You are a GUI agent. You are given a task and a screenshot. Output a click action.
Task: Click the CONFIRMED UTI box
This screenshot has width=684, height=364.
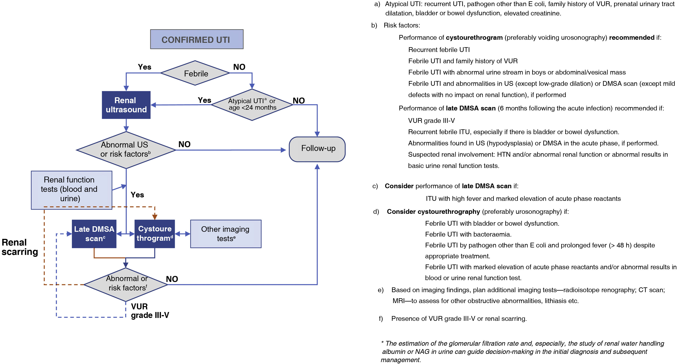(x=196, y=39)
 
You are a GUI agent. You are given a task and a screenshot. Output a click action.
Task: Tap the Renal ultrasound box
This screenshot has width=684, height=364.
(x=126, y=105)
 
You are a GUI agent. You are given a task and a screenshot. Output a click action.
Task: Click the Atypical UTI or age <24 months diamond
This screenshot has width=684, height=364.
(x=252, y=104)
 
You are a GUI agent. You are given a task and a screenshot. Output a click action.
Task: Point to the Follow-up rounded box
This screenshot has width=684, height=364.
(x=317, y=149)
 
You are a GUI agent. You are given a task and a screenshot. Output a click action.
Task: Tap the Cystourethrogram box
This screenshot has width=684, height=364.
(x=155, y=234)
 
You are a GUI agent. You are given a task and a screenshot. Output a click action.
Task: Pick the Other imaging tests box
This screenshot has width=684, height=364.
(x=226, y=234)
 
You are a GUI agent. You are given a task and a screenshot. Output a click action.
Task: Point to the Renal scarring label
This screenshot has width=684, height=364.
(x=19, y=247)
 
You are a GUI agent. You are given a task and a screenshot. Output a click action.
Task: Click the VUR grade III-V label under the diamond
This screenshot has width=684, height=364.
(x=149, y=311)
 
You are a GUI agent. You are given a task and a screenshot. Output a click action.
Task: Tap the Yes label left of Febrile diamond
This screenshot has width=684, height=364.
(x=145, y=67)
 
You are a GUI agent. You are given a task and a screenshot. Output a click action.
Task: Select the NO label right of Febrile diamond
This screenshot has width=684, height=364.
(x=239, y=67)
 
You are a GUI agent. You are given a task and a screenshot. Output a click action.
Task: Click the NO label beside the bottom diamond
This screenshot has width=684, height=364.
(x=172, y=279)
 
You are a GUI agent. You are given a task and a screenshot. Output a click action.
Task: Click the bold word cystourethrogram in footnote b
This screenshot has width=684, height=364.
(x=474, y=37)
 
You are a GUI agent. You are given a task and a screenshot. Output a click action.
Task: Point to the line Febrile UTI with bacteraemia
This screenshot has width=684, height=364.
(x=468, y=234)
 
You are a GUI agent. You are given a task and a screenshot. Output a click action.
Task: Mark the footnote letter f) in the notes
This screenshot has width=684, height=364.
(x=381, y=319)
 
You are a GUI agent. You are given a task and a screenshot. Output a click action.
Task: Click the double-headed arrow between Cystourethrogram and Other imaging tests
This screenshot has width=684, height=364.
(x=183, y=234)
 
